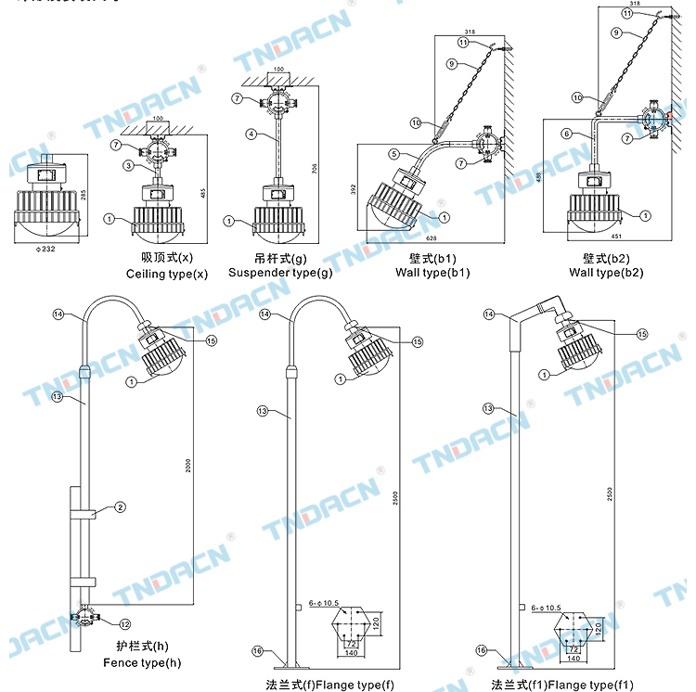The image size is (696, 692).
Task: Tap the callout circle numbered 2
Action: coord(120,506)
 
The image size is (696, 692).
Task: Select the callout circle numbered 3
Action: coord(130,165)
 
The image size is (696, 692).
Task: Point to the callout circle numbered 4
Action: coord(251,134)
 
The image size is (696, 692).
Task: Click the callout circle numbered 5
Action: coord(393,153)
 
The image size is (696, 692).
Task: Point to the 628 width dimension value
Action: coord(432,237)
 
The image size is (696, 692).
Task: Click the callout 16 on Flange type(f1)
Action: coord(480,650)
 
